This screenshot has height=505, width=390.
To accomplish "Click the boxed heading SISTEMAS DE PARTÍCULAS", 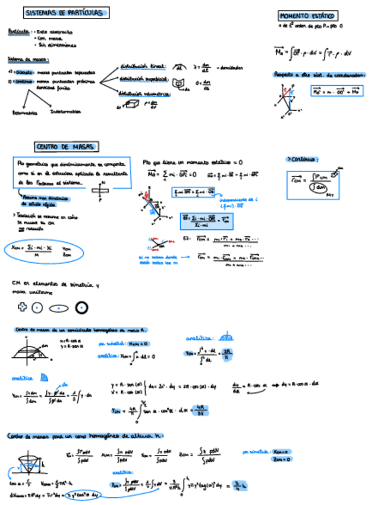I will coord(66,13).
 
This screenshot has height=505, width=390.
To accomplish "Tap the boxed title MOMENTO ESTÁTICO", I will coord(308,16).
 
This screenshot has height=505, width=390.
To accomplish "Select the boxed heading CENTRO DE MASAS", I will coord(67,147).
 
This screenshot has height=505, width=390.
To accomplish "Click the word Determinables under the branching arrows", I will coord(24,112).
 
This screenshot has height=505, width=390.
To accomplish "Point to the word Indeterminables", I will coord(66,111).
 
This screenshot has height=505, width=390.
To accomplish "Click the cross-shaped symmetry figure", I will coord(22,307).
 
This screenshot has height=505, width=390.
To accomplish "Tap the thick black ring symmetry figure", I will coord(82,307).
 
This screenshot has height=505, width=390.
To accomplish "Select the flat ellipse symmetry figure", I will coord(59,308).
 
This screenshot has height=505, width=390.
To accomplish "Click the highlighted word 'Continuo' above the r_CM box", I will coord(303,159).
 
